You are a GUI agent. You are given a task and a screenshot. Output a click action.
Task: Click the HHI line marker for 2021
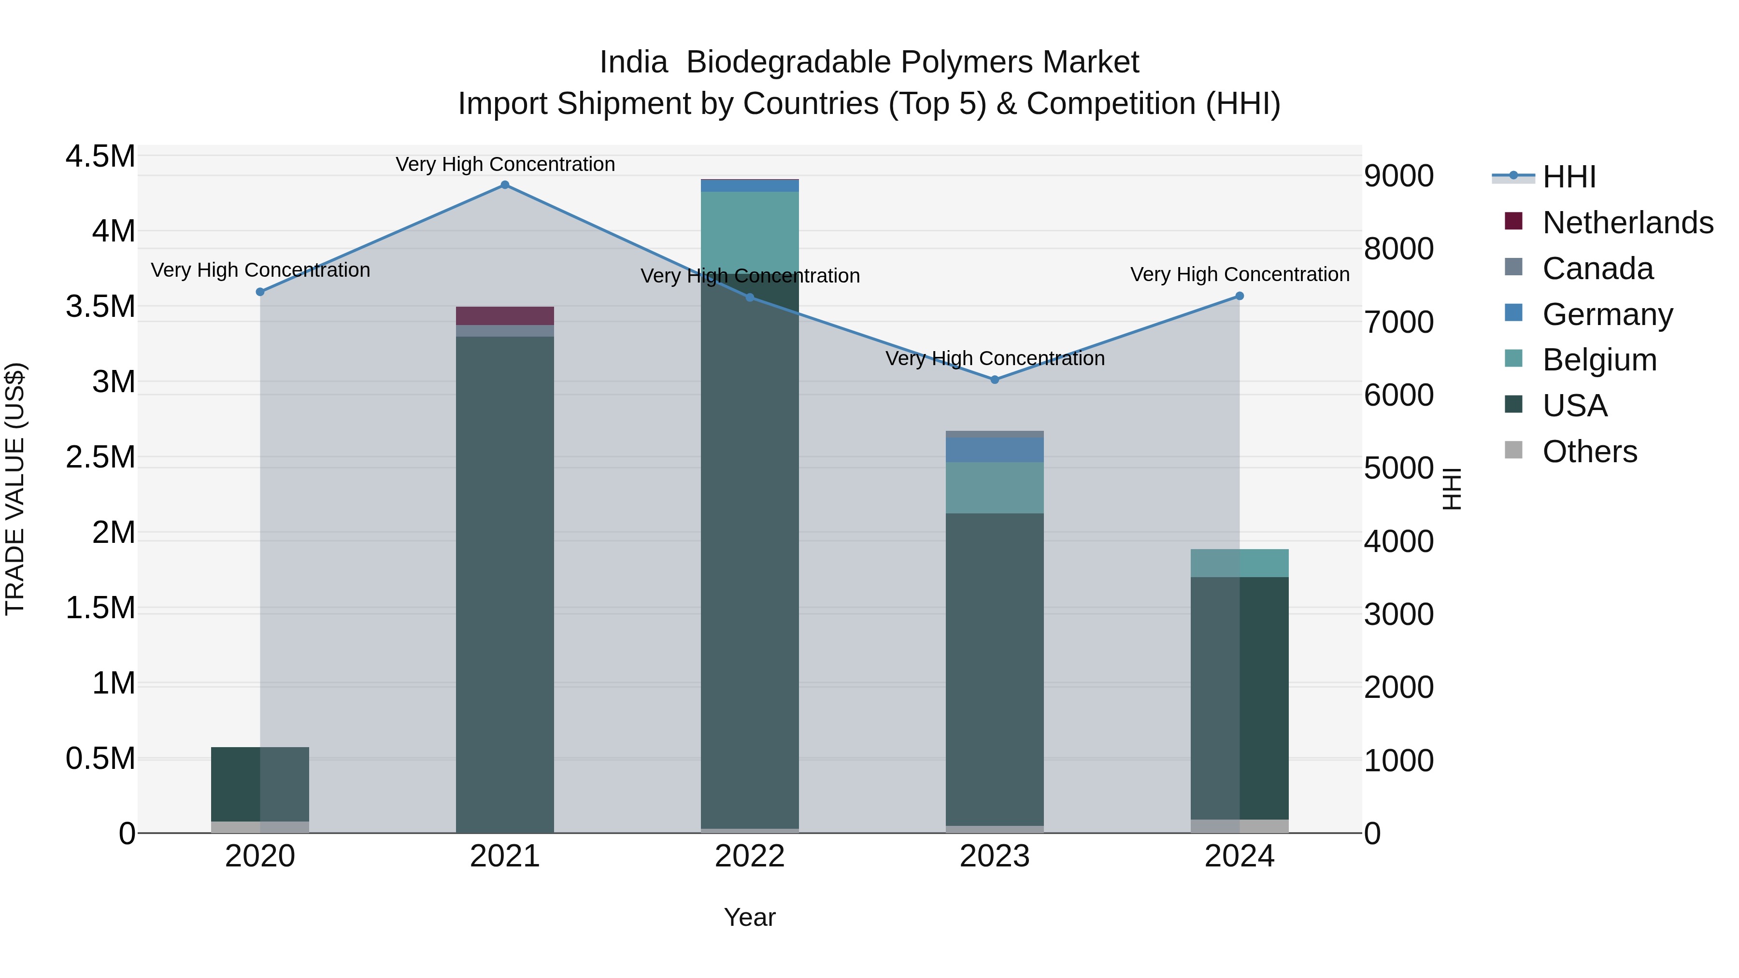pos(505,185)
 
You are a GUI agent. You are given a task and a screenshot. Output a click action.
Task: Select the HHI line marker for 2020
pos(260,292)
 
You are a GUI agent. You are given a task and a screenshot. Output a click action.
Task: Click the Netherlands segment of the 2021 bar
pos(505,316)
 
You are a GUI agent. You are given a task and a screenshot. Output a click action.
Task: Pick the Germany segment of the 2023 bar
pos(995,450)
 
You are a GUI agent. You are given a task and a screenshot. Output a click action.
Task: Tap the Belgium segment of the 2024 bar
pos(1240,563)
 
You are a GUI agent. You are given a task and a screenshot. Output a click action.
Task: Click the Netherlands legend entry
pos(1627,223)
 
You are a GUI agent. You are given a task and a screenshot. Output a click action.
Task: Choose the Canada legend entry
pos(1597,269)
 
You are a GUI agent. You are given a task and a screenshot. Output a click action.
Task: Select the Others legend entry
pos(1589,452)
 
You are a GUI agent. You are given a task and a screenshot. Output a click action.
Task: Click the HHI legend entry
pos(1569,177)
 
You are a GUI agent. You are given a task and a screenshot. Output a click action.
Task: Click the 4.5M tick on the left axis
pos(100,156)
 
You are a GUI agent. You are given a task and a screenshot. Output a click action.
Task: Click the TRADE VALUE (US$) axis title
pos(15,489)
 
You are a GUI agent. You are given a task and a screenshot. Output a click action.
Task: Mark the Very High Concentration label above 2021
pos(505,164)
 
